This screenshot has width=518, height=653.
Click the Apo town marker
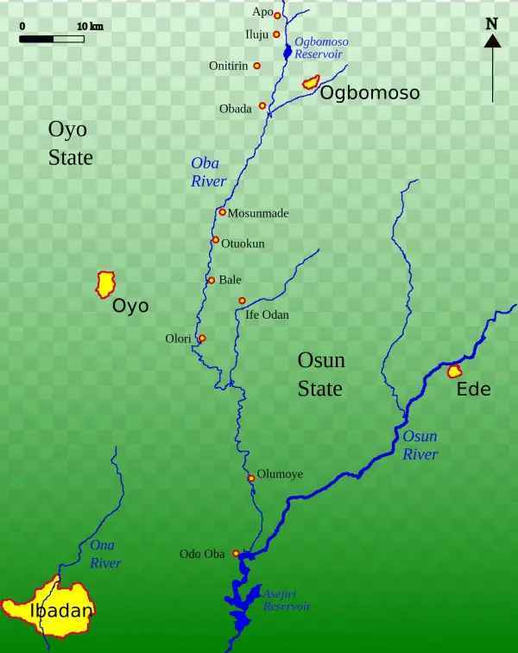point(277,16)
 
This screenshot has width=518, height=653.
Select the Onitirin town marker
point(256,66)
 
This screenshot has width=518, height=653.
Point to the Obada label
point(236,109)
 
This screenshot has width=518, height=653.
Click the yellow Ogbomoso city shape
point(310,83)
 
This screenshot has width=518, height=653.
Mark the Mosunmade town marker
point(222,212)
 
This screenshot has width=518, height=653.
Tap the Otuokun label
point(243,244)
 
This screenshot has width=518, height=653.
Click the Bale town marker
point(211,280)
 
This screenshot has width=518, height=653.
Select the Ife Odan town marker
point(242,301)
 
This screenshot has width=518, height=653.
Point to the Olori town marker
point(202,338)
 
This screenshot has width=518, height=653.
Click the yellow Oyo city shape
point(105,283)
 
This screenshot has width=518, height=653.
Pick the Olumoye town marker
point(251,478)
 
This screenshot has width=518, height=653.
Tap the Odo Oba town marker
point(236,554)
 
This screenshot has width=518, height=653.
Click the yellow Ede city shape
point(454,371)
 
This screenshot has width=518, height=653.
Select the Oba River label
point(208,173)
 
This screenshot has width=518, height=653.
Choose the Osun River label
point(420,446)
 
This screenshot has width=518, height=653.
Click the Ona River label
point(105,554)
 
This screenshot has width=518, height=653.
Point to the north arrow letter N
point(492,24)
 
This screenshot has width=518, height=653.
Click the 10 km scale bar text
point(90,26)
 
